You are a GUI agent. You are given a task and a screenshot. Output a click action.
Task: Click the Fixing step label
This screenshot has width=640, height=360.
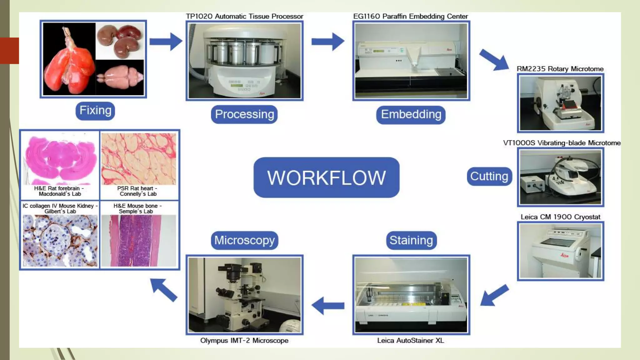click(95, 111)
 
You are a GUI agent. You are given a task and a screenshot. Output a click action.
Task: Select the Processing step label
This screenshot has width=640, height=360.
click(244, 114)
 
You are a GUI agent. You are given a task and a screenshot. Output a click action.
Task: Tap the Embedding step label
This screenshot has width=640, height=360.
click(411, 115)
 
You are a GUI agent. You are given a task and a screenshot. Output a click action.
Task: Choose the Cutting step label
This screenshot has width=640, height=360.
click(489, 176)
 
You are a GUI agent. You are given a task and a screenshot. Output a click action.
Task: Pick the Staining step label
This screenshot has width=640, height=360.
click(411, 240)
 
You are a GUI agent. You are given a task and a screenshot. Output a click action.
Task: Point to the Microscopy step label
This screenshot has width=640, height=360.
click(244, 240)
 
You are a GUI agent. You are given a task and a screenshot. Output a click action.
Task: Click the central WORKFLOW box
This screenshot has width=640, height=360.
click(326, 177)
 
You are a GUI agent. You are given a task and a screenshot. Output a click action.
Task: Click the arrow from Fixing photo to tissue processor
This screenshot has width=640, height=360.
click(166, 42)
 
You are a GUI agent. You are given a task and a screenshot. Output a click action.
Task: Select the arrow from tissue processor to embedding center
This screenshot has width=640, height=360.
click(328, 42)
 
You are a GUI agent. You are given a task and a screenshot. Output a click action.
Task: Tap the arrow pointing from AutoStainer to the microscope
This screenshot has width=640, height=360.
click(328, 306)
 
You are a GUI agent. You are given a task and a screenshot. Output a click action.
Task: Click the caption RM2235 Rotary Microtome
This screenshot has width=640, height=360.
click(560, 69)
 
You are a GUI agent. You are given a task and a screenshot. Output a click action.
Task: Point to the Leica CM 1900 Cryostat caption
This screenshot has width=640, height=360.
click(560, 217)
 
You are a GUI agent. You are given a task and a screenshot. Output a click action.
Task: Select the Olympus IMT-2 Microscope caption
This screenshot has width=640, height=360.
click(244, 341)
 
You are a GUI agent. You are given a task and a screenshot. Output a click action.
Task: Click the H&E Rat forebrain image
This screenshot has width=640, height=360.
click(60, 159)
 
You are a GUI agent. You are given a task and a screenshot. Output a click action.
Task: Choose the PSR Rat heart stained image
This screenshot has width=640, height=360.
click(138, 159)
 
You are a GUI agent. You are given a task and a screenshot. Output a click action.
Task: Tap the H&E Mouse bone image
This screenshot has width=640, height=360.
click(138, 241)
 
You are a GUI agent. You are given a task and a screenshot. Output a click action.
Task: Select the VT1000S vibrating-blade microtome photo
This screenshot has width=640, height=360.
click(560, 177)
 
